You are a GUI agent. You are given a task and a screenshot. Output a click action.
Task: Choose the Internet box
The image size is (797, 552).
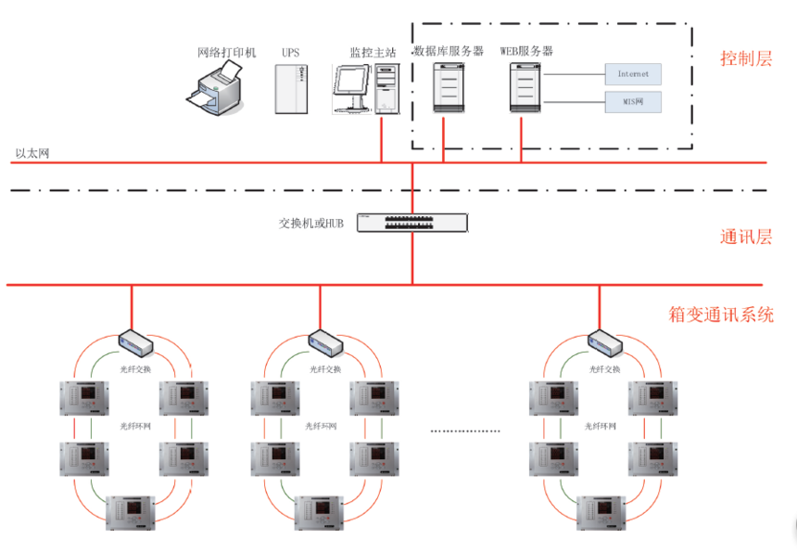[x=634, y=73]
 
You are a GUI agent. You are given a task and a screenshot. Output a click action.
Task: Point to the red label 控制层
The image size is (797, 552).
[x=746, y=59]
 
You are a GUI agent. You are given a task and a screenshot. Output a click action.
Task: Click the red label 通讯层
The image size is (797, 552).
[x=746, y=236]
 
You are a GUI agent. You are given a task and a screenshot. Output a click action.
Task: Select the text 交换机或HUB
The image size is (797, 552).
[x=311, y=224]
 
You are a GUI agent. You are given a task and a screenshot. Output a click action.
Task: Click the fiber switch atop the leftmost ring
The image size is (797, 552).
[x=134, y=342]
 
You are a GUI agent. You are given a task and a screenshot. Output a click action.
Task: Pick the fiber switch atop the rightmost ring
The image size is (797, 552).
[x=603, y=342]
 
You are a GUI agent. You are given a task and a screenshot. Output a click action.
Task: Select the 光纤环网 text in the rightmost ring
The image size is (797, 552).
[x=601, y=427]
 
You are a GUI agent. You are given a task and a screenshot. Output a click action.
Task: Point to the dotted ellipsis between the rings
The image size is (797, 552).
[x=466, y=431]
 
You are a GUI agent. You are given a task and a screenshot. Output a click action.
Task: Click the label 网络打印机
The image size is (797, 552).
[x=226, y=52]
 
